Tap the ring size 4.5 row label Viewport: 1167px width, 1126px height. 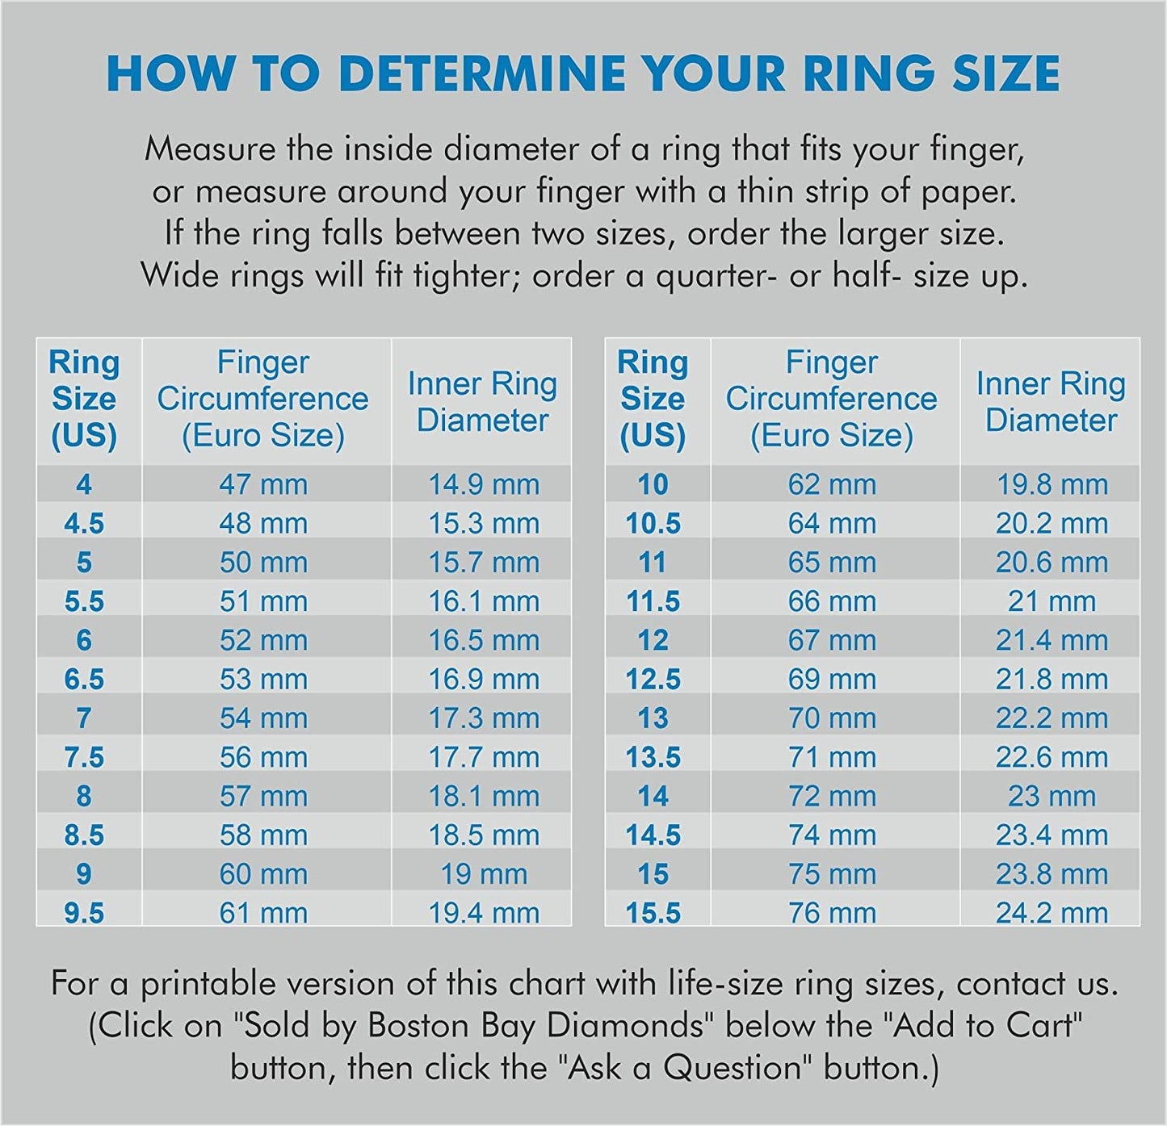click(x=84, y=524)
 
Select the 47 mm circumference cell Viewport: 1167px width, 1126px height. click(x=263, y=485)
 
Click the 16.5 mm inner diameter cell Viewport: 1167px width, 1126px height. click(x=483, y=641)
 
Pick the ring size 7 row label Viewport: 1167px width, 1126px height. click(x=84, y=718)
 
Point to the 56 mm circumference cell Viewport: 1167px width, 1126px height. click(x=263, y=758)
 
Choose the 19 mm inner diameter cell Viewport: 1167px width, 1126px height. click(x=483, y=874)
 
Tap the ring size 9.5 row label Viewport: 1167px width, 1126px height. click(x=84, y=914)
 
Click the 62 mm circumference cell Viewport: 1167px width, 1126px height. click(x=832, y=485)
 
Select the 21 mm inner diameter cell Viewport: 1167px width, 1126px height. click(x=1052, y=602)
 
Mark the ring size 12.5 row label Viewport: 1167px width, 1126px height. click(x=653, y=680)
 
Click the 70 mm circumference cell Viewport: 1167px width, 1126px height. click(x=832, y=718)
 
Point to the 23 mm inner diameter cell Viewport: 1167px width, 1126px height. click(x=1052, y=797)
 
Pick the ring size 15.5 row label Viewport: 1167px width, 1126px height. click(x=653, y=914)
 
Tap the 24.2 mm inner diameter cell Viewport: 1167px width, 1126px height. click(x=1052, y=914)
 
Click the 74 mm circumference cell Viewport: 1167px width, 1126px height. click(x=832, y=835)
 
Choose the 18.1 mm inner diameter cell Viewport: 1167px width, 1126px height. click(x=483, y=797)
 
